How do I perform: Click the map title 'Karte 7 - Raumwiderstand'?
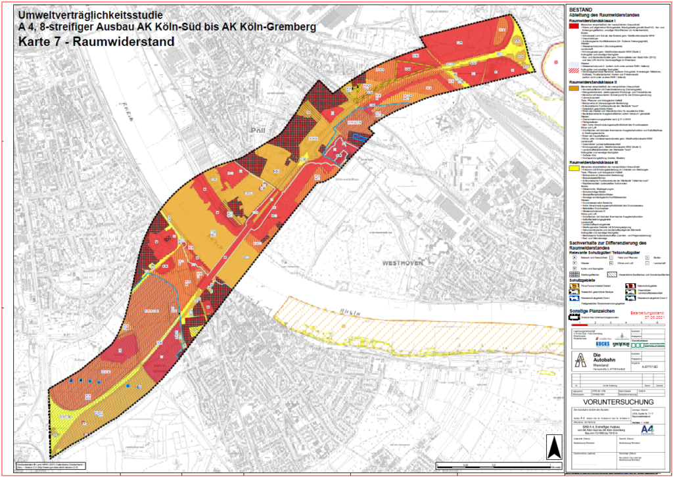pyautogui.click(x=97, y=41)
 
